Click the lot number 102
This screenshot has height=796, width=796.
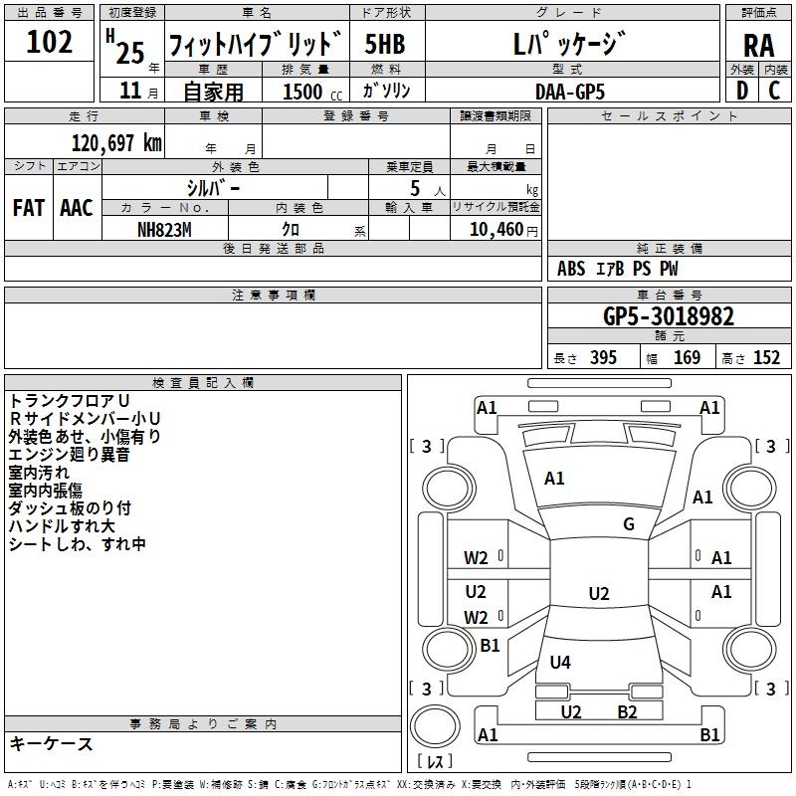tap(51, 43)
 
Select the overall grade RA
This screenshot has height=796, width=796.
tap(759, 46)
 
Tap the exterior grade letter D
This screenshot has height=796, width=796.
tap(741, 90)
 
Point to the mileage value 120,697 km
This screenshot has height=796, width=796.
tap(116, 142)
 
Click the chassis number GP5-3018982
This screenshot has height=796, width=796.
tap(669, 317)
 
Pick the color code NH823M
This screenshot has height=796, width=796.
tap(164, 228)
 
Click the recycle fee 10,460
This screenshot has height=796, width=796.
tap(495, 228)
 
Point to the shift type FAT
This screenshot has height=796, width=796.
tap(28, 208)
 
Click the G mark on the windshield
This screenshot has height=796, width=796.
tap(629, 524)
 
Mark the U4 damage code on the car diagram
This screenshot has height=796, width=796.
tap(560, 662)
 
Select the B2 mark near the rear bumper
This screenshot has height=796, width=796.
tap(627, 711)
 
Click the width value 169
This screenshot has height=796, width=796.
tap(687, 357)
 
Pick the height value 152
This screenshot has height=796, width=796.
tap(766, 357)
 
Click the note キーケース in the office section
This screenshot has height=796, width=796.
tap(51, 743)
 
